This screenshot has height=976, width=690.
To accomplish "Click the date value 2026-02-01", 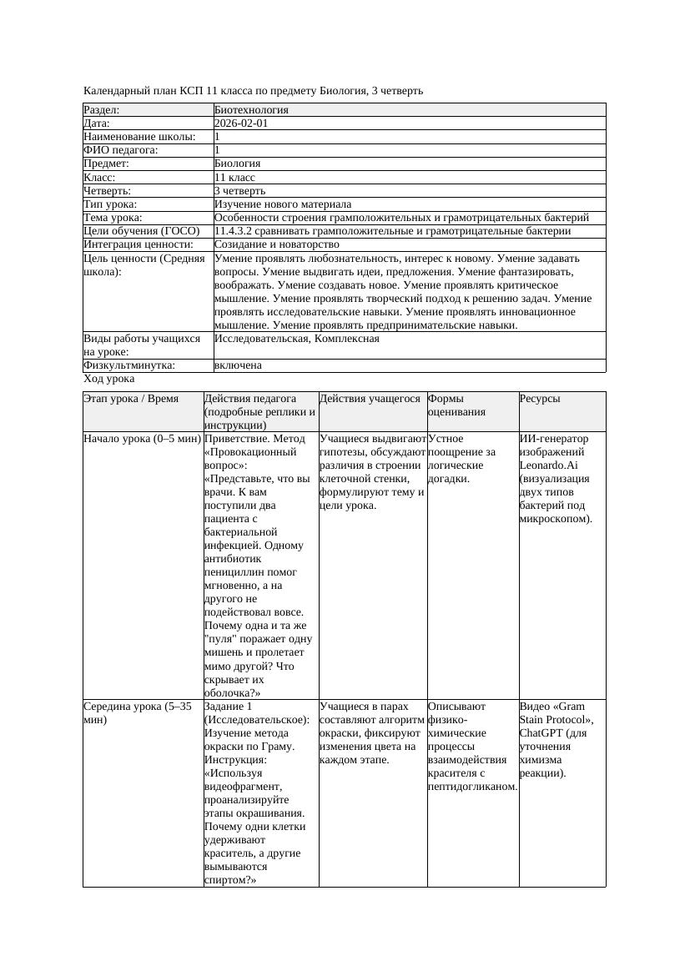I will coord(241,123).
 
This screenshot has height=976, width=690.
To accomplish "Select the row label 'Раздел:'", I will coord(102,110).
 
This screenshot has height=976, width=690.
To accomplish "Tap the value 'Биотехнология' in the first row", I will coord(251,110).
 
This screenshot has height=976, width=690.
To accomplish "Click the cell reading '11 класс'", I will coord(234,178).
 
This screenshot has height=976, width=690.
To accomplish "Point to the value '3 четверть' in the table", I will coord(239,191).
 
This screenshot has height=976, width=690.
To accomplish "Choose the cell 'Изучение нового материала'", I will coord(283,204).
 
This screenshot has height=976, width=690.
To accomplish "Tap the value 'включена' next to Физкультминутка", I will coord(238,365).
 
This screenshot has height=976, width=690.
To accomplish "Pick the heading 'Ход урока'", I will coord(108,379).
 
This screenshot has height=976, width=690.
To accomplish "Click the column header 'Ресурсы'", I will coord(540,399).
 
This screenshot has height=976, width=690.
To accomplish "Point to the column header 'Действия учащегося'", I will coord(370,399).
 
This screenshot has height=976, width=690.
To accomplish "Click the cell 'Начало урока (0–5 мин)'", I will coord(142,439).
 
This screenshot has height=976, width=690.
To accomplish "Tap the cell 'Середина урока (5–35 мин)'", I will coord(138,712).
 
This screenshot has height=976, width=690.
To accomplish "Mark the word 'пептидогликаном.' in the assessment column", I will coord(472,786).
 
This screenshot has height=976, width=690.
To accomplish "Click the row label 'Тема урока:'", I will coord(113,218).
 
